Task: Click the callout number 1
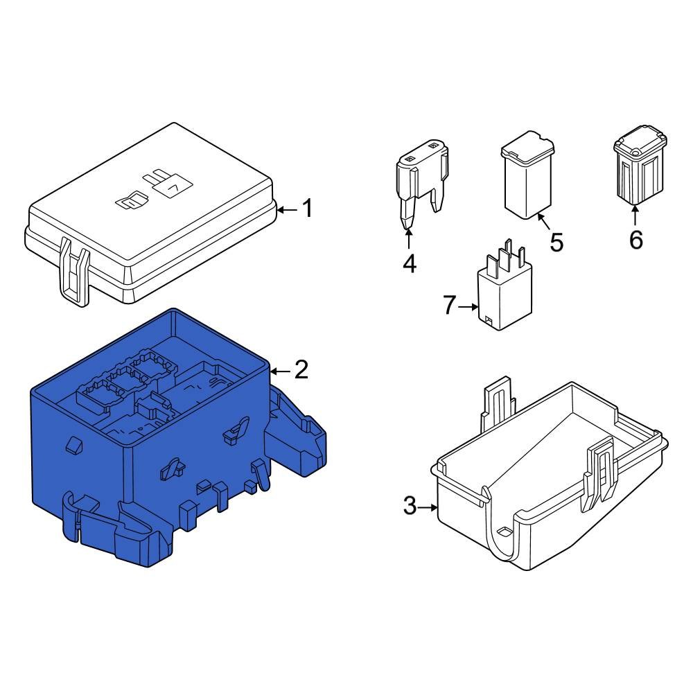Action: [x=306, y=208]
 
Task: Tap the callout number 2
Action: [x=301, y=370]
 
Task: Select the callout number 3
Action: [x=410, y=507]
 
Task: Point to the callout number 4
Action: [x=410, y=263]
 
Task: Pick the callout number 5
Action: [x=556, y=242]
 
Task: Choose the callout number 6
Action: [x=635, y=240]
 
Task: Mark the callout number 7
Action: [x=450, y=305]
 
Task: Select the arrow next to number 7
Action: [x=469, y=306]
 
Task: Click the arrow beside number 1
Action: [x=286, y=208]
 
